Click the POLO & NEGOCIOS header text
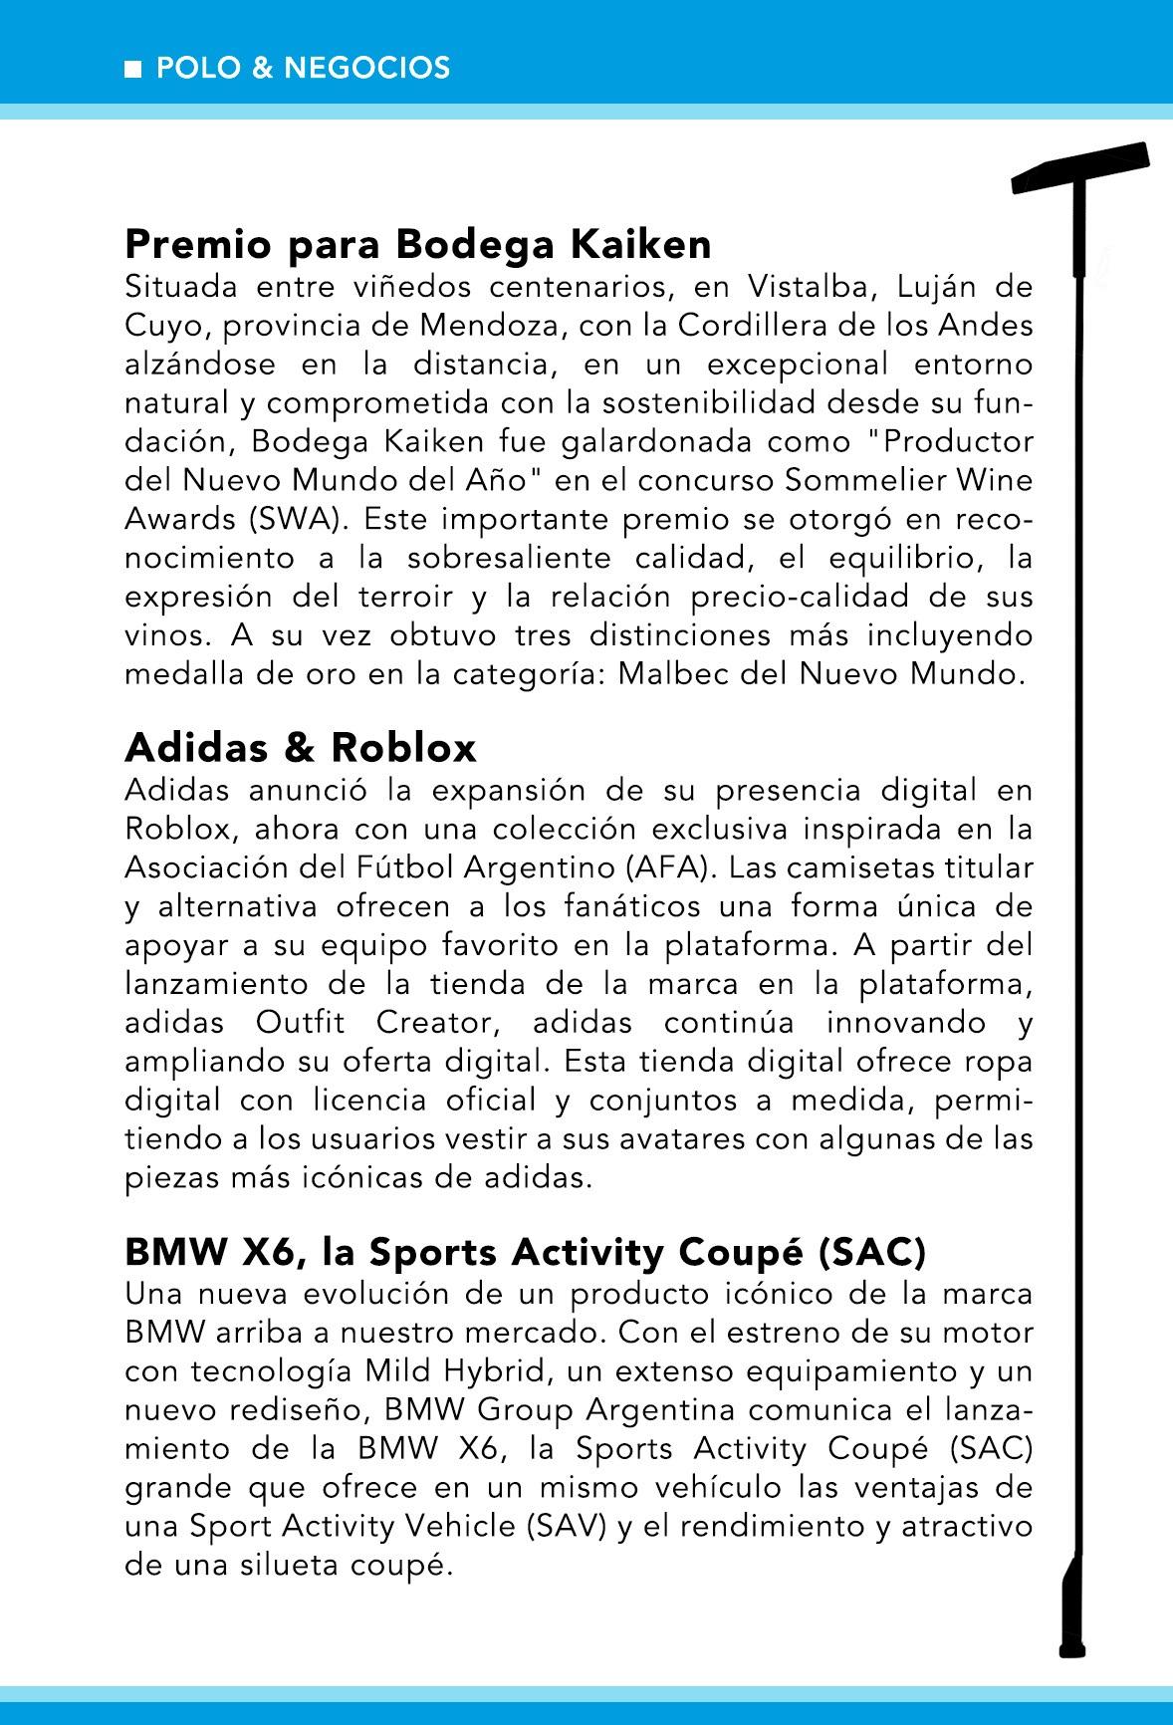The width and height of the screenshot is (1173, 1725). click(303, 68)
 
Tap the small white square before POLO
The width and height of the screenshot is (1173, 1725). click(132, 69)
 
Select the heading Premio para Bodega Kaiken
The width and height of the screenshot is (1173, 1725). click(418, 244)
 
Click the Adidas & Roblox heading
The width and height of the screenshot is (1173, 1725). click(301, 747)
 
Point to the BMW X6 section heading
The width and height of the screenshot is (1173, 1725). click(525, 1252)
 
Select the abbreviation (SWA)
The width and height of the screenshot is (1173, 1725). click(300, 520)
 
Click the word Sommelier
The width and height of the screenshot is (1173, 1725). click(862, 481)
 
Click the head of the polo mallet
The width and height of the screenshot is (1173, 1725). click(1081, 168)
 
